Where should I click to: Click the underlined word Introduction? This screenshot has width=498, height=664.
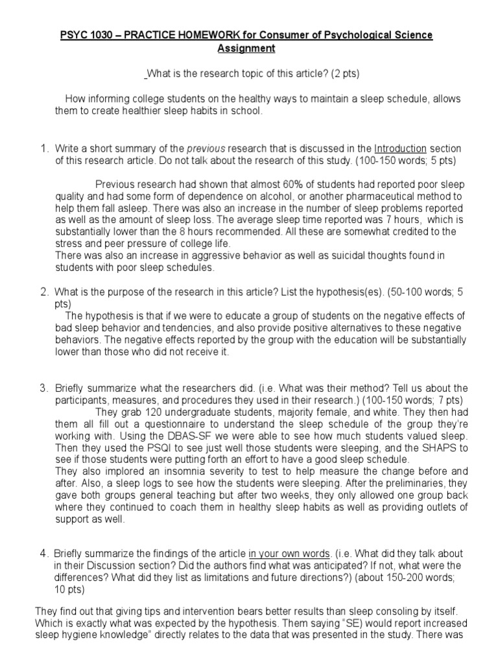(400, 148)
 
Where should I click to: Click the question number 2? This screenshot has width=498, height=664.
(43, 292)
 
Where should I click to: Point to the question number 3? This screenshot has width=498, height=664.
(43, 388)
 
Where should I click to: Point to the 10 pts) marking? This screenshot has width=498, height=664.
(73, 591)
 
